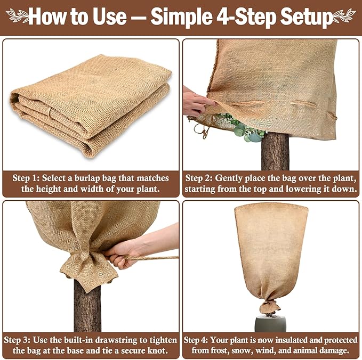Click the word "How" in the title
coord(49,17)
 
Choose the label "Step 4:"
coord(198,339)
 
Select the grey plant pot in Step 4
coord(270,322)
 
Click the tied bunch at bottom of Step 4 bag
coord(270,306)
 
